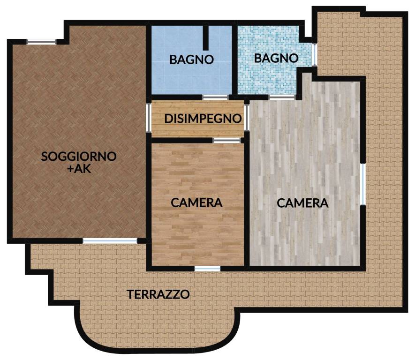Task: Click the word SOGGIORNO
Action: pyautogui.click(x=79, y=157)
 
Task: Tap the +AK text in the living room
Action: pyautogui.click(x=79, y=169)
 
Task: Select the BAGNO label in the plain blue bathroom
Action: pyautogui.click(x=192, y=60)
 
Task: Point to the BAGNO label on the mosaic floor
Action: pyautogui.click(x=276, y=58)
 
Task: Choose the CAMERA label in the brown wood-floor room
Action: pyautogui.click(x=196, y=203)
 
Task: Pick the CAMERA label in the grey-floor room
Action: pyautogui.click(x=302, y=203)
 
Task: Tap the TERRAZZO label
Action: pyautogui.click(x=158, y=295)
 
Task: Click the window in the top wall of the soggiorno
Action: pyautogui.click(x=41, y=42)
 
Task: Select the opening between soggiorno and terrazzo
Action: pyautogui.click(x=110, y=241)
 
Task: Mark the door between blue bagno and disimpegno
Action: pyautogui.click(x=215, y=97)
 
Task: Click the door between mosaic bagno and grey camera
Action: pyautogui.click(x=282, y=97)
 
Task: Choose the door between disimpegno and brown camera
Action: pyautogui.click(x=226, y=140)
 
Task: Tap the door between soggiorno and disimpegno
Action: pyautogui.click(x=149, y=118)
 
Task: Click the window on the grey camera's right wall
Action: pyautogui.click(x=362, y=184)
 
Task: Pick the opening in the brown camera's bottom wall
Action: pyautogui.click(x=207, y=269)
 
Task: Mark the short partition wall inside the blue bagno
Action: pyautogui.click(x=205, y=37)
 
